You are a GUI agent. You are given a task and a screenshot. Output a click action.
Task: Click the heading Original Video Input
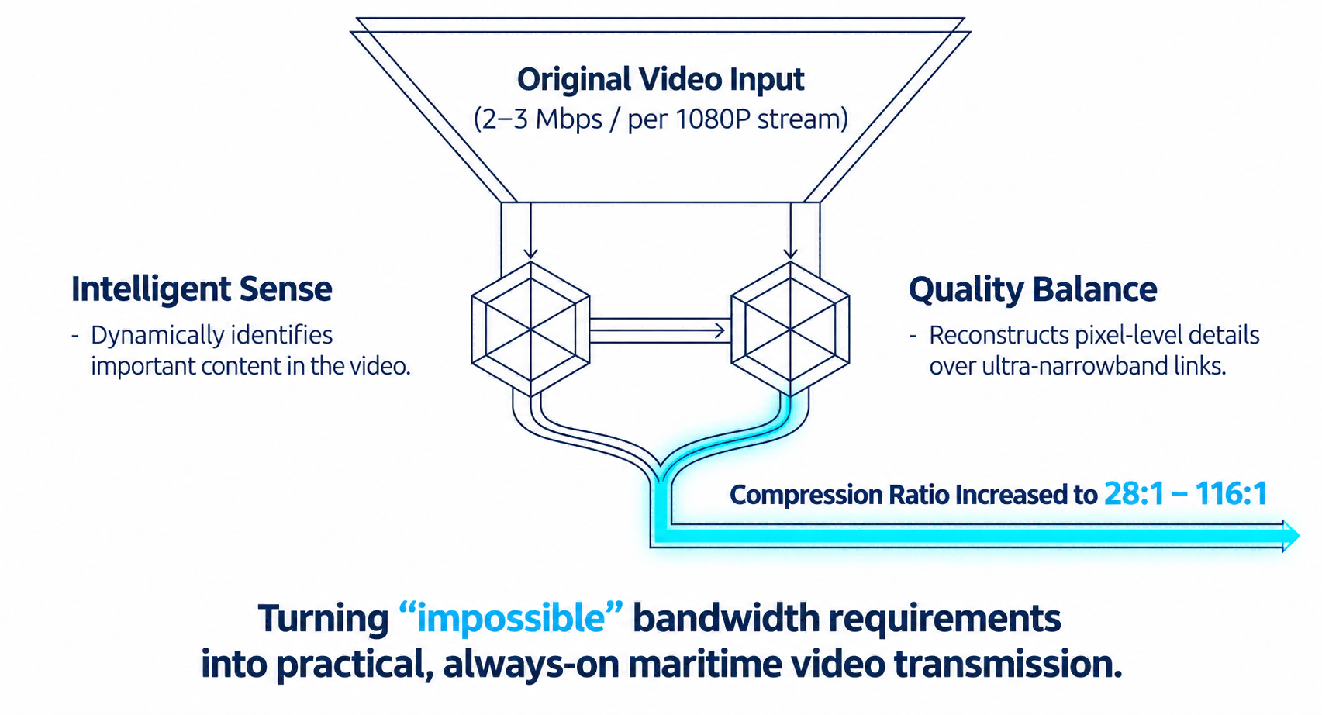click(661, 80)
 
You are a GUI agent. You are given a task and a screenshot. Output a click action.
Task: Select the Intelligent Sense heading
click(202, 290)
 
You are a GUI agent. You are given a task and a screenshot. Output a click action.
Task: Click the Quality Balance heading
click(1033, 290)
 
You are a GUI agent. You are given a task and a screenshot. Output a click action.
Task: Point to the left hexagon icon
click(530, 329)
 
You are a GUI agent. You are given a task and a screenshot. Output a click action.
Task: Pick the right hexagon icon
click(790, 329)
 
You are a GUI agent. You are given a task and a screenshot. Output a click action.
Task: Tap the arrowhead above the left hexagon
click(530, 254)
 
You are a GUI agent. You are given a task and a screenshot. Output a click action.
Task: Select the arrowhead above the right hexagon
click(790, 254)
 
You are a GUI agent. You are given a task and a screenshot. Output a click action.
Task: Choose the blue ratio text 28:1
click(1134, 493)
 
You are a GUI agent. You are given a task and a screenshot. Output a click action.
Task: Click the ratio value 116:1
click(1232, 493)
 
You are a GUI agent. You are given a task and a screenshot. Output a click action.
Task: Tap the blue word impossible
click(511, 619)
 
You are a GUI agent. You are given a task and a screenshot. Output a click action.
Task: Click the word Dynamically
click(157, 336)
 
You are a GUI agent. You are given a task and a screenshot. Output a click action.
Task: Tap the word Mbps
click(569, 120)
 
